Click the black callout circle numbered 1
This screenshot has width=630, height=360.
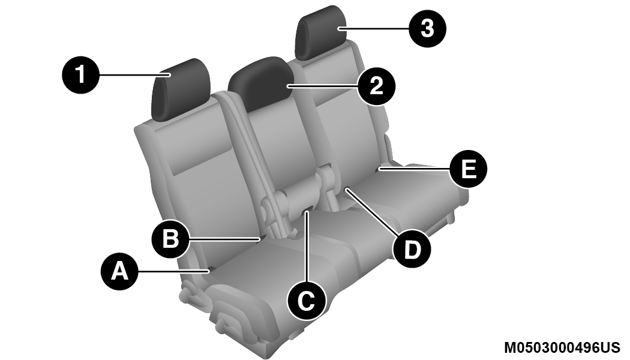coord(81,75)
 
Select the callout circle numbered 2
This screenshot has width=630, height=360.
coord(376,86)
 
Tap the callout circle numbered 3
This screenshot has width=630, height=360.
coord(427,29)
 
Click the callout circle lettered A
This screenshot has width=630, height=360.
coord(119,271)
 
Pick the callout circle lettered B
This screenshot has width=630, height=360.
coord(170,239)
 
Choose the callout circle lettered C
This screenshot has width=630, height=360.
coord(307,301)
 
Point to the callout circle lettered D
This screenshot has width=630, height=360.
coord(412,250)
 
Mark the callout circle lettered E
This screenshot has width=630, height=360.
coord(468,169)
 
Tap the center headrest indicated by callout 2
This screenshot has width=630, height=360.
coord(260,83)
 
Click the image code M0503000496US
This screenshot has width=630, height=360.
coord(562,347)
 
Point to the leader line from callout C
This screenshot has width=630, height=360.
coord(307,247)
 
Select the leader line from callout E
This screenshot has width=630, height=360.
coord(415,169)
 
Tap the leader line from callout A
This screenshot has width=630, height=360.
coord(173,272)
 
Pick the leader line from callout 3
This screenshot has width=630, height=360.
coord(374,29)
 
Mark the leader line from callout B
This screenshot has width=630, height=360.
coord(225,239)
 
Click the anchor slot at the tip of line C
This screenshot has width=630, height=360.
coord(308,209)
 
